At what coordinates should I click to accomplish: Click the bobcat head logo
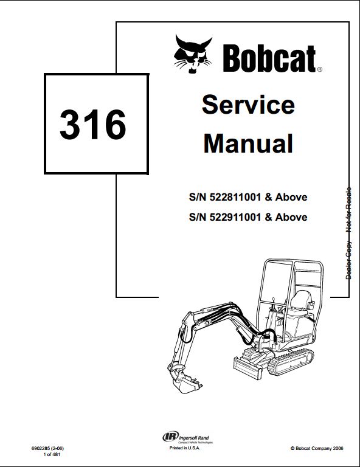[x=193, y=54]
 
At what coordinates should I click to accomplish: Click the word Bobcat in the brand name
[x=269, y=58]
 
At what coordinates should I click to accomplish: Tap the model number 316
[x=93, y=124]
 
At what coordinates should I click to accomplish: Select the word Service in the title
[x=248, y=105]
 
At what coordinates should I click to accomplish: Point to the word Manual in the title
[x=248, y=144]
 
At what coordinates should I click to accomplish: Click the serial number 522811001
[x=235, y=197]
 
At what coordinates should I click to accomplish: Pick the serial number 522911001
[x=235, y=217]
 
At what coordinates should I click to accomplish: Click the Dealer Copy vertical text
[x=348, y=260]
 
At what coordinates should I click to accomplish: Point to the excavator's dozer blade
[x=248, y=368]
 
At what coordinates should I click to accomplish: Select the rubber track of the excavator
[x=291, y=362]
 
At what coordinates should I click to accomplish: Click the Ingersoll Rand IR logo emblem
[x=170, y=437]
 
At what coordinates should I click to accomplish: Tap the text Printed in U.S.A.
[x=185, y=448]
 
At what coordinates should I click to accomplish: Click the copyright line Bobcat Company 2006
[x=317, y=448]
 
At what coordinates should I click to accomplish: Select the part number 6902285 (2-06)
[x=47, y=448]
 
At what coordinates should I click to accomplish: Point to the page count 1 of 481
[x=52, y=454]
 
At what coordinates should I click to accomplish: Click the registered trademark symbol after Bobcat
[x=319, y=69]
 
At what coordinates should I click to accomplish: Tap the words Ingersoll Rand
[x=194, y=438]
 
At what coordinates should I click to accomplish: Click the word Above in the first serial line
[x=291, y=197]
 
